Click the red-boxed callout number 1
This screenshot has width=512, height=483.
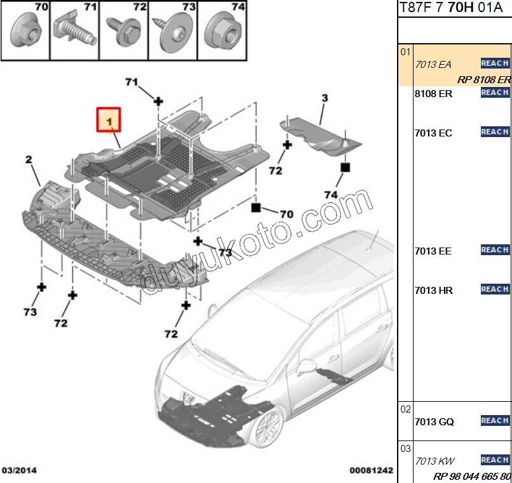(108, 119)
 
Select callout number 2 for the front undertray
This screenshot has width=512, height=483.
(29, 159)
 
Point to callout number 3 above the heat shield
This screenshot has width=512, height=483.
(324, 98)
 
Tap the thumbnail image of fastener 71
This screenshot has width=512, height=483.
(74, 30)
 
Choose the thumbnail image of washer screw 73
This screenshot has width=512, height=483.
(172, 30)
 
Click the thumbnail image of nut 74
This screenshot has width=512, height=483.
(222, 30)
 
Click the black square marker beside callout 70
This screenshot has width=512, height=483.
(256, 208)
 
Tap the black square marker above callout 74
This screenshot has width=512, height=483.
(345, 168)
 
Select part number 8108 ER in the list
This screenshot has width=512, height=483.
(433, 93)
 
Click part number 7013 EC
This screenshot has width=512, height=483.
(433, 133)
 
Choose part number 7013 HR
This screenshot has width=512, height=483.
(433, 290)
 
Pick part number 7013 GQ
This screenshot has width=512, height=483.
(434, 421)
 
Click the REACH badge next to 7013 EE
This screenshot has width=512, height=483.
(495, 250)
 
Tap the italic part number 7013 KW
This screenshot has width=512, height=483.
(435, 461)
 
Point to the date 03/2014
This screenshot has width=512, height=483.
(18, 471)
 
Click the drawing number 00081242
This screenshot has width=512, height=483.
(371, 471)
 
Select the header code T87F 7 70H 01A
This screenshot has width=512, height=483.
(454, 8)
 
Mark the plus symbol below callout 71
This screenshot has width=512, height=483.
(158, 101)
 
